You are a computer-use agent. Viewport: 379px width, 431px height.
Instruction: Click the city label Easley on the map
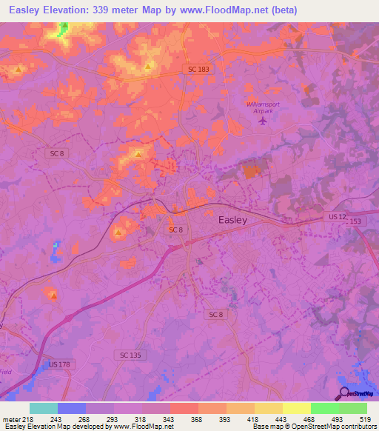(232, 220)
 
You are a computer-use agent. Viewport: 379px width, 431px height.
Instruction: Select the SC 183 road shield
(192, 68)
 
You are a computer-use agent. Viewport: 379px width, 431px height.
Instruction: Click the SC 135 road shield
(129, 355)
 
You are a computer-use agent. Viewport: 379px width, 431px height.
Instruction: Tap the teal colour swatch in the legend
(44, 408)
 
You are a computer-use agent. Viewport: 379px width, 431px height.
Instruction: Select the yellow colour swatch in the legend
(296, 408)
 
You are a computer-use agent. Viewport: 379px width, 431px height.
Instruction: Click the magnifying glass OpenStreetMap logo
(343, 393)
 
